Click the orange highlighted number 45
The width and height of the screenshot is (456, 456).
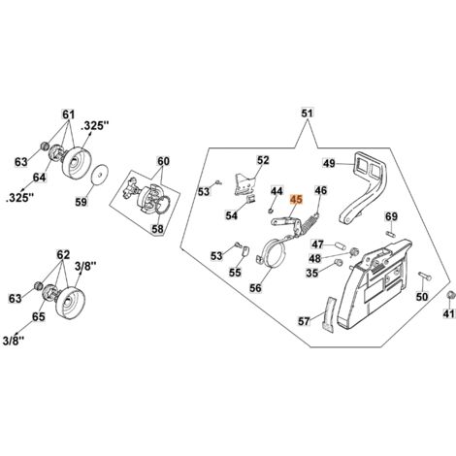(x=296, y=200)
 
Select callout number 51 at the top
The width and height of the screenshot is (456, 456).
(x=308, y=114)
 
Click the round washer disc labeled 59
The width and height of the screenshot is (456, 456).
(x=99, y=175)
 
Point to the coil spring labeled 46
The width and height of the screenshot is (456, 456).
(x=309, y=224)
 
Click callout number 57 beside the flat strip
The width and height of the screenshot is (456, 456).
(x=304, y=321)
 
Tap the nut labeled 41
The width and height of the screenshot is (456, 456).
(x=449, y=295)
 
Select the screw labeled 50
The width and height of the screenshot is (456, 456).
(x=424, y=276)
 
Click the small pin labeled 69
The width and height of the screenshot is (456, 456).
(x=391, y=233)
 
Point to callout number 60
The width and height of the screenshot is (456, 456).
(x=163, y=161)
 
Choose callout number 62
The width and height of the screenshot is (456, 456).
(x=63, y=255)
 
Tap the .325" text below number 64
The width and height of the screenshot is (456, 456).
(x=20, y=198)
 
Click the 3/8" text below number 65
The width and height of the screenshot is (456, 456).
(x=14, y=341)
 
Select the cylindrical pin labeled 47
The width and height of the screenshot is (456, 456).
(x=341, y=244)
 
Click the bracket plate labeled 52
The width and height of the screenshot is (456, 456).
(x=244, y=184)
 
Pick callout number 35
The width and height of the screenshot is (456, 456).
(x=312, y=274)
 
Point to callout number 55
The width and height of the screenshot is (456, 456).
(x=235, y=273)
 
